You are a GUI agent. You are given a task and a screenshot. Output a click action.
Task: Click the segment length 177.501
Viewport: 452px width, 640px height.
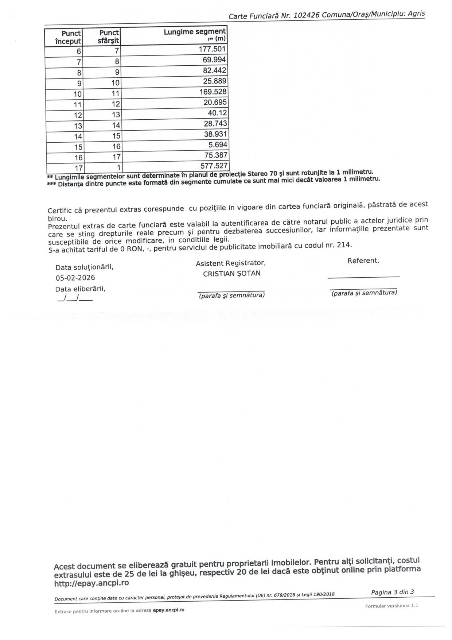(x=212, y=49)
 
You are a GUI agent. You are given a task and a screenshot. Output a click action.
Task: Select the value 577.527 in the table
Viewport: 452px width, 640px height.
(x=214, y=166)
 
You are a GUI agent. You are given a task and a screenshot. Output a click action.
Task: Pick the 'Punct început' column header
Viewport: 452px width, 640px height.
(x=68, y=37)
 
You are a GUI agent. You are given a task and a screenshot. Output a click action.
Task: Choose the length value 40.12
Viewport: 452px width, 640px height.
(x=217, y=113)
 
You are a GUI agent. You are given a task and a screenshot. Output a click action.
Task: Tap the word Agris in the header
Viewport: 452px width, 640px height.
(x=416, y=14)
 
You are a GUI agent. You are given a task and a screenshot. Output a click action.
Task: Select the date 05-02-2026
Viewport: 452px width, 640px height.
(x=75, y=278)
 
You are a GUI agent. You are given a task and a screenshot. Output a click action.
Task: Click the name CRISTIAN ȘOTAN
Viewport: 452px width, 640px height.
(x=231, y=274)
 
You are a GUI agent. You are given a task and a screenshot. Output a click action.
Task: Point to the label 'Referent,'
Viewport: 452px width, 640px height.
(x=363, y=261)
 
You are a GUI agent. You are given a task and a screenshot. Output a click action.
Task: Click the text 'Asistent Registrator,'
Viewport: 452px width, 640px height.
(x=230, y=263)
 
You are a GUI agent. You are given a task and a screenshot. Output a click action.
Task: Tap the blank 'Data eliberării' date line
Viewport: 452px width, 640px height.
(x=75, y=299)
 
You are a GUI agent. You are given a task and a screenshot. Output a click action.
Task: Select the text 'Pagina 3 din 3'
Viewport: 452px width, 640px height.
(x=392, y=592)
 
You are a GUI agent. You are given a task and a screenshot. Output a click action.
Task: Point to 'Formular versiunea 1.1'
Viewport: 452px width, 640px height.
(x=391, y=606)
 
